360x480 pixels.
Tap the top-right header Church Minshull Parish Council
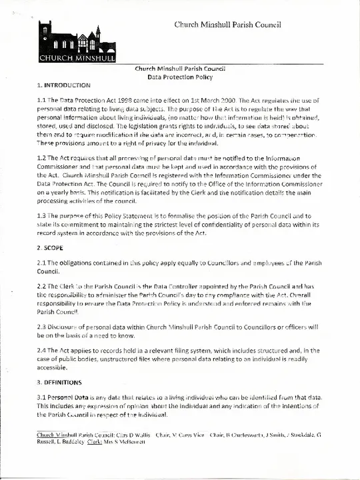pos(227,25)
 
